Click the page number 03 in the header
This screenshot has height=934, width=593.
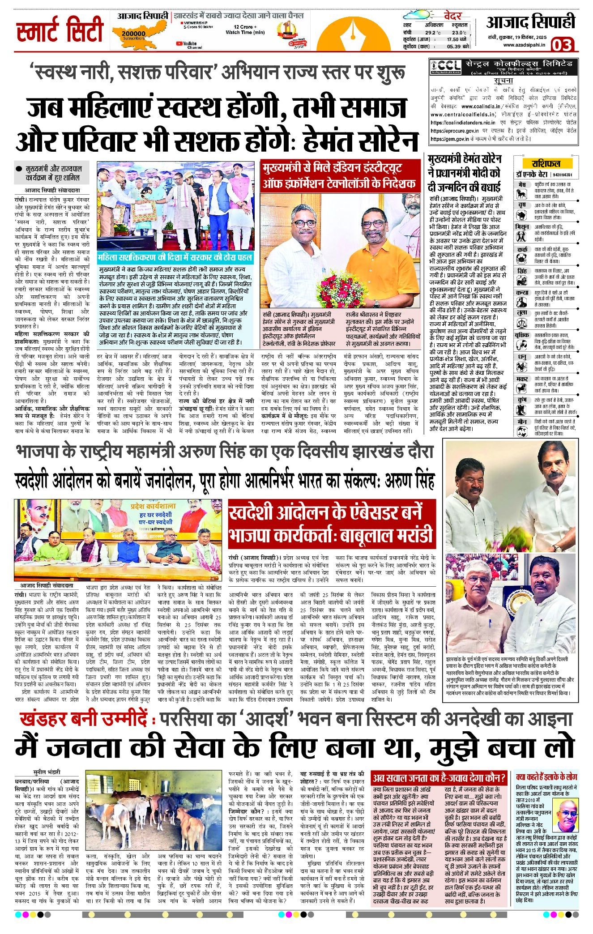pyautogui.click(x=562, y=45)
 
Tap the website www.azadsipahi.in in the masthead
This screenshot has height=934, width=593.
pyautogui.click(x=524, y=44)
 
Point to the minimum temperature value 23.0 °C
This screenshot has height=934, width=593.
pyautogui.click(x=459, y=33)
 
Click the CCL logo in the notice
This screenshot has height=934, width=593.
pyautogui.click(x=443, y=66)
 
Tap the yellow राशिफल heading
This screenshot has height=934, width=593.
pyautogui.click(x=546, y=163)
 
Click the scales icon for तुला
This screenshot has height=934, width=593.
pyautogui.click(x=521, y=323)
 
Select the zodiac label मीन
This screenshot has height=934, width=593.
pyautogui.click(x=521, y=422)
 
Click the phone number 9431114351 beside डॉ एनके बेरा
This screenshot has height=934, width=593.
pyautogui.click(x=562, y=175)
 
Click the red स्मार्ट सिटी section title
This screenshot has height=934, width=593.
pyautogui.click(x=60, y=30)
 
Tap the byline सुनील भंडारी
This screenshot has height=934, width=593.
pyautogui.click(x=47, y=772)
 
